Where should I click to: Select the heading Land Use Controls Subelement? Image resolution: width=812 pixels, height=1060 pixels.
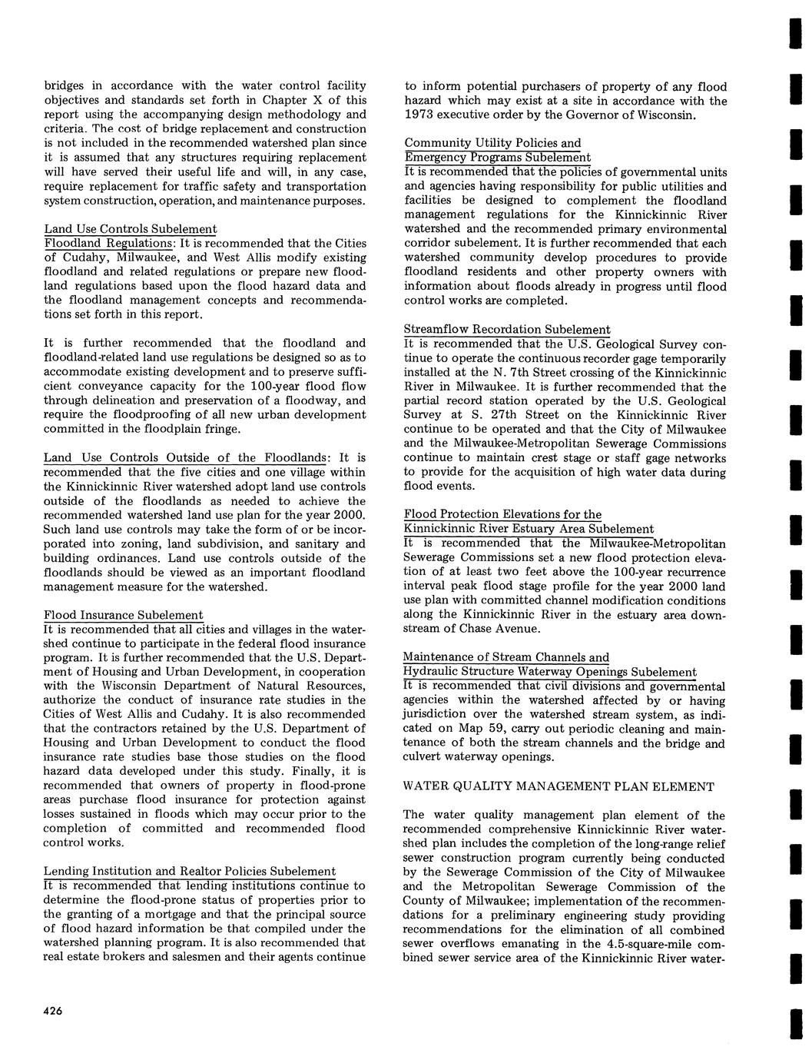pyautogui.click(x=131, y=229)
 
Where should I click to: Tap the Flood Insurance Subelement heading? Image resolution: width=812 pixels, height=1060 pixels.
pyautogui.click(x=124, y=615)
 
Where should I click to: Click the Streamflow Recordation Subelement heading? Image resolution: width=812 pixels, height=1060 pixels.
pyautogui.click(x=508, y=330)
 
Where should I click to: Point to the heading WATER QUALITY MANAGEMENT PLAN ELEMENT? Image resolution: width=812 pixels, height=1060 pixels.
pyautogui.click(x=558, y=786)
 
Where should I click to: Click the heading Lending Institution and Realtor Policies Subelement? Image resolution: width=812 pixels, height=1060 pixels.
pyautogui.click(x=190, y=871)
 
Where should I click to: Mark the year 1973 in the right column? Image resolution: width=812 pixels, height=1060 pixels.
pyautogui.click(x=419, y=115)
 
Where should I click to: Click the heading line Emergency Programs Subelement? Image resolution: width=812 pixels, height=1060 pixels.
pyautogui.click(x=497, y=158)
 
